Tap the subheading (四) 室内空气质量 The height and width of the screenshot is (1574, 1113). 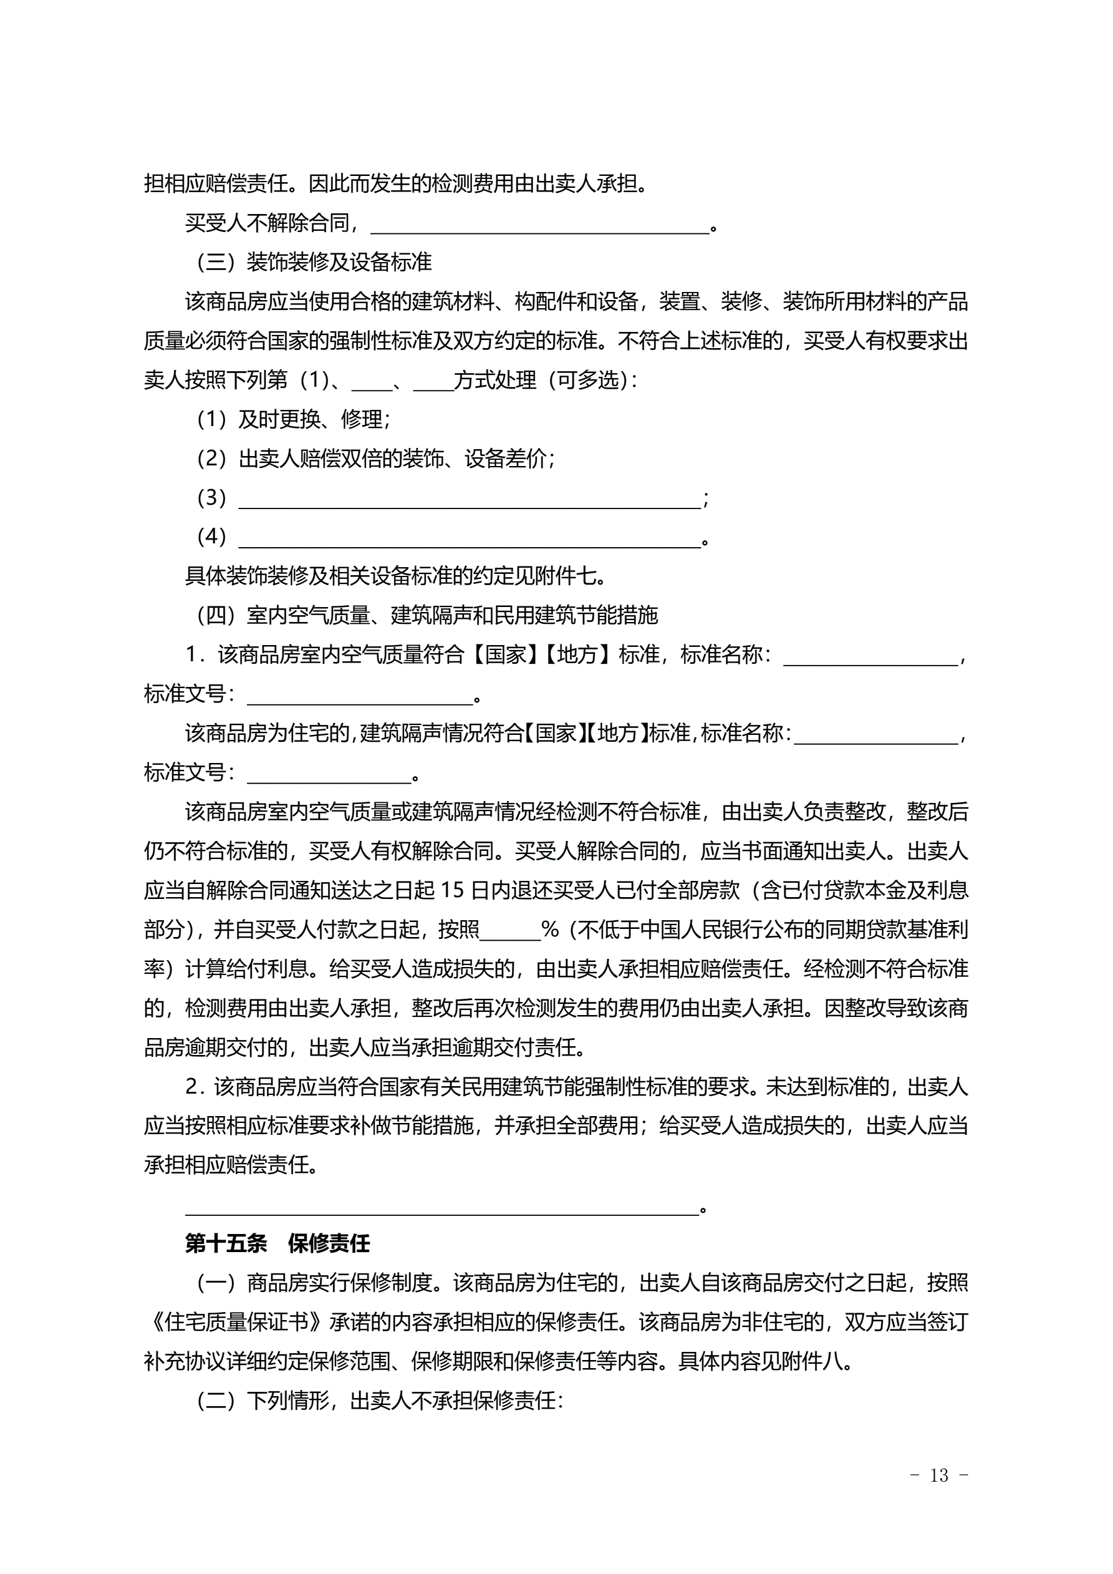(x=427, y=615)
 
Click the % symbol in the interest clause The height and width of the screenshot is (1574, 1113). (x=550, y=930)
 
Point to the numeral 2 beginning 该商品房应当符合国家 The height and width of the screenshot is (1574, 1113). (x=192, y=1087)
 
